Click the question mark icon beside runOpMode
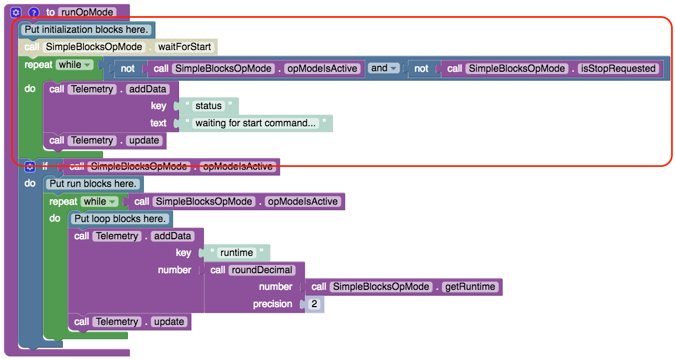[x=34, y=12]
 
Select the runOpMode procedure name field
[x=86, y=12]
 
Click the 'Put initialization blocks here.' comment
[x=86, y=29]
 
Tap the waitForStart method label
[x=185, y=47]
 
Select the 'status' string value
[x=209, y=106]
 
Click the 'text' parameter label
[x=158, y=123]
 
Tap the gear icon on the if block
[x=29, y=166]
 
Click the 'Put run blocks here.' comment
[x=93, y=184]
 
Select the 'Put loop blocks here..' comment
[x=120, y=219]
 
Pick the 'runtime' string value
[x=236, y=253]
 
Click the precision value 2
[x=315, y=304]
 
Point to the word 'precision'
[x=272, y=304]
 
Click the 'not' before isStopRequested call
[x=421, y=68]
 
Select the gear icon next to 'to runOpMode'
[x=16, y=12]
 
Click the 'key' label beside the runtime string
[x=183, y=253]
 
